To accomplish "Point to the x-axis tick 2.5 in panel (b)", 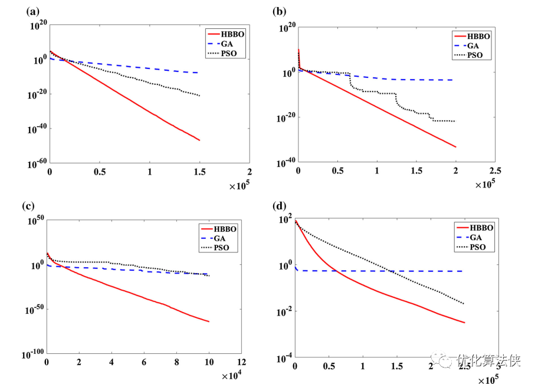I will pos(495,171).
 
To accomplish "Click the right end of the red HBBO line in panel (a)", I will pos(200,140).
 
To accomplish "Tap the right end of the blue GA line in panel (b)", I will pos(452,80).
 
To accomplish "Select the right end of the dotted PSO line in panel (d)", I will pos(464,304).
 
